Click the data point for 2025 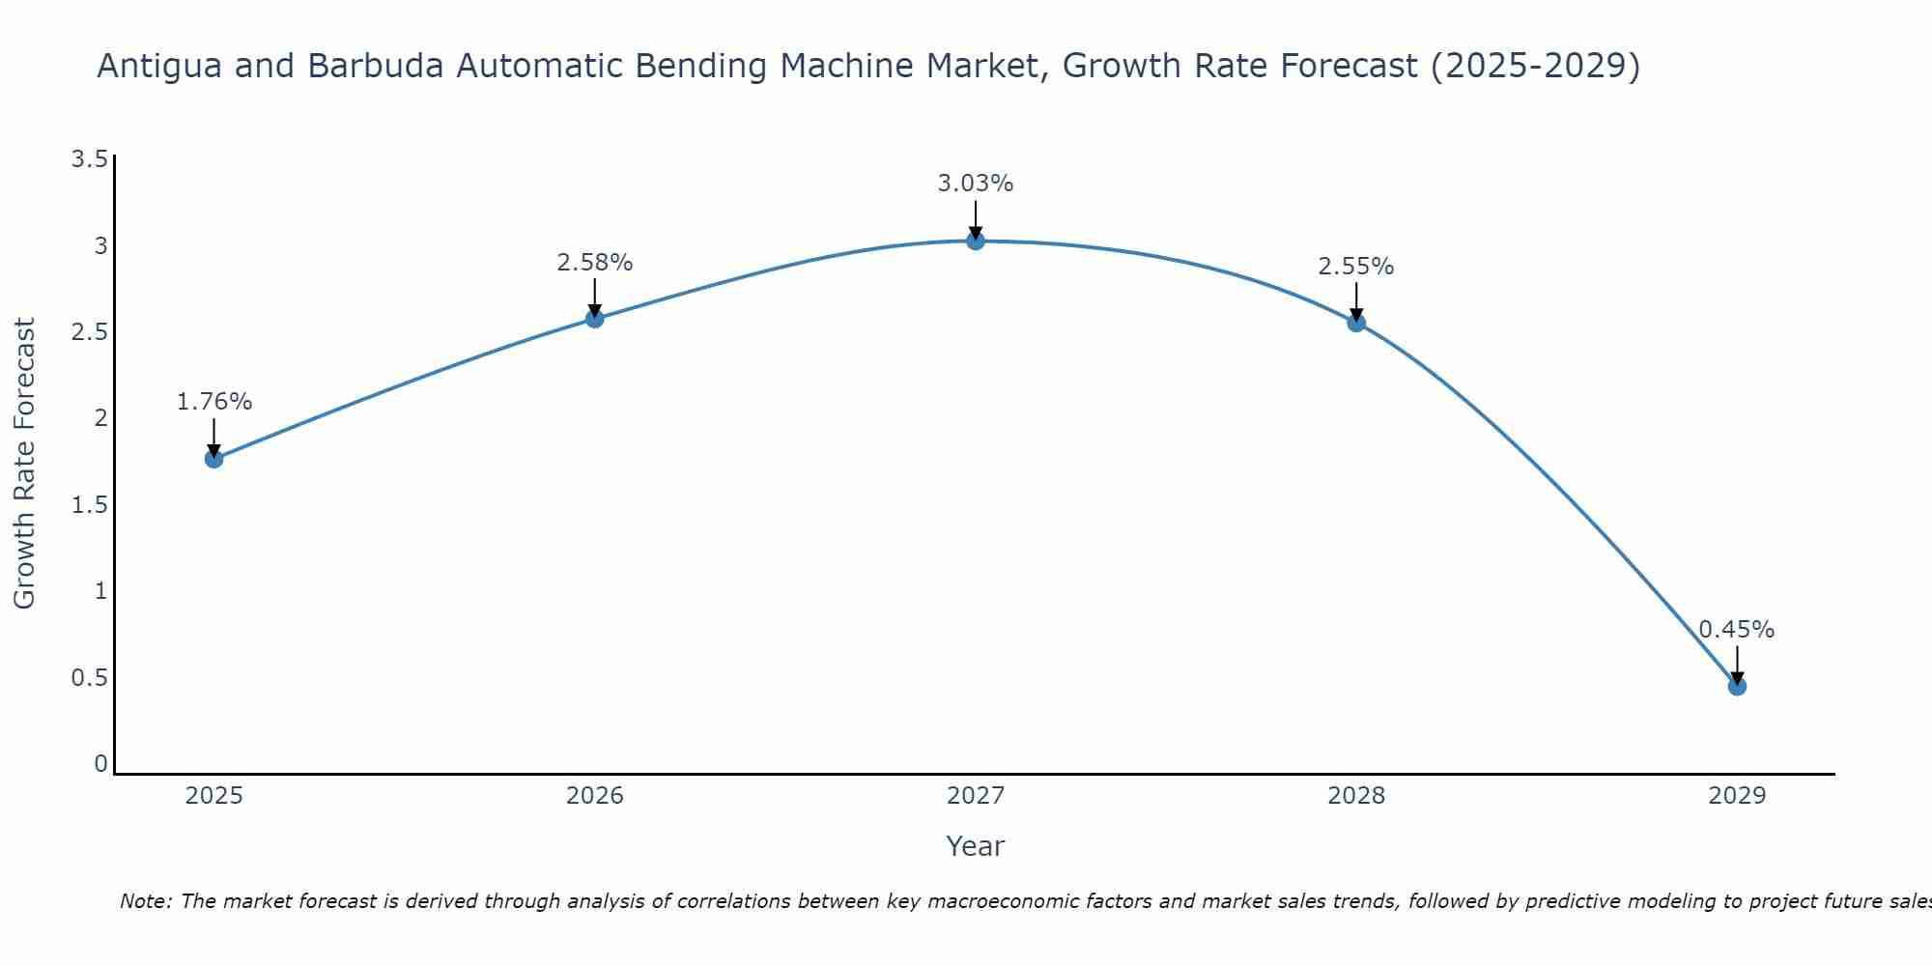214,459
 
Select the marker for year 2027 976,241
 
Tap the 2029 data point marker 1737,687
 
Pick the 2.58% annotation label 595,263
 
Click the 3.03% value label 976,184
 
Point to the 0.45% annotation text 1737,630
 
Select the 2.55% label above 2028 1356,267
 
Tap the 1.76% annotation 214,402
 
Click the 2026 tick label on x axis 595,796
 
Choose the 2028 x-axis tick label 1356,796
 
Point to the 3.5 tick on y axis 89,159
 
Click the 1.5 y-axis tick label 89,505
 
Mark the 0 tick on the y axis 100,764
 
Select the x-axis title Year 976,846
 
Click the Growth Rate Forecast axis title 24,464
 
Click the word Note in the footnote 145,901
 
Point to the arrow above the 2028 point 1356,300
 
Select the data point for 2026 595,319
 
